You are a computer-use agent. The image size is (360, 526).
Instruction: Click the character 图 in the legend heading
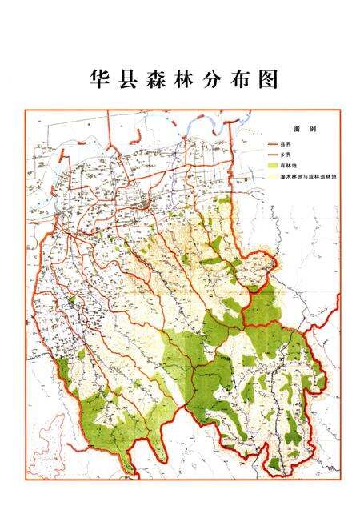(x=298, y=128)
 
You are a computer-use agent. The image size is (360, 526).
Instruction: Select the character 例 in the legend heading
(x=312, y=128)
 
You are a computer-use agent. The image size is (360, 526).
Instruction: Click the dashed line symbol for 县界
(x=272, y=143)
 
